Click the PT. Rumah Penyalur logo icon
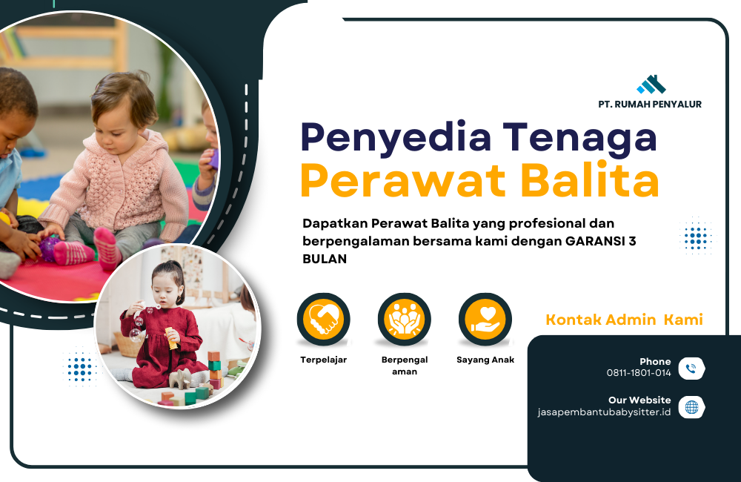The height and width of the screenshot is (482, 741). tap(651, 85)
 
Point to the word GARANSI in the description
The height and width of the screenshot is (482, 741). tap(595, 241)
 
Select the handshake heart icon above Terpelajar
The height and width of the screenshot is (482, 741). tap(324, 320)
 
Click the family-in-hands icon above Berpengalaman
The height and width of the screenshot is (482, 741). tap(405, 320)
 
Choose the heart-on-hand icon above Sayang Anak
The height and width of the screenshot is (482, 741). tap(485, 320)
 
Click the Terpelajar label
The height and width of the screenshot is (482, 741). tap(324, 360)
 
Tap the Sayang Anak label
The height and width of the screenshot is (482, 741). tap(485, 360)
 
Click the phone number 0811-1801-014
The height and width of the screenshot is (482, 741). tap(639, 373)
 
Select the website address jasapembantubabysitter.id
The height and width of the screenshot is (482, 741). tap(605, 412)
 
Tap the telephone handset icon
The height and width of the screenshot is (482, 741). tap(692, 369)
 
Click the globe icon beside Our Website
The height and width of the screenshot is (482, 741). tap(692, 407)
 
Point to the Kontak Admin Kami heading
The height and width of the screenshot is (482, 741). tap(624, 320)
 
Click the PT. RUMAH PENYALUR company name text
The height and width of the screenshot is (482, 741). tap(650, 104)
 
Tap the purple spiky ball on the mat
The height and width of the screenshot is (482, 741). tap(49, 248)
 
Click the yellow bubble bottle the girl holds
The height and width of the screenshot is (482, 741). tap(171, 337)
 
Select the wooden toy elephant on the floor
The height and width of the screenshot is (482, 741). tap(180, 379)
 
